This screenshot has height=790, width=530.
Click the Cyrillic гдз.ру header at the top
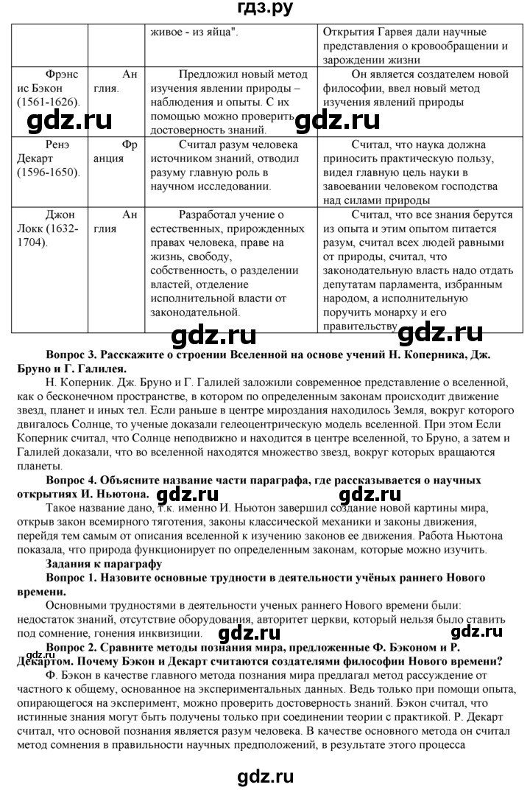pos(265,10)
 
